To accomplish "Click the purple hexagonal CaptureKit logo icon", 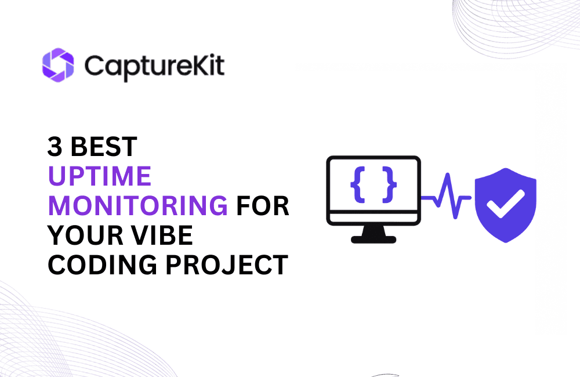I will pyautogui.click(x=58, y=64).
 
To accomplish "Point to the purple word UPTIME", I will pyautogui.click(x=99, y=176).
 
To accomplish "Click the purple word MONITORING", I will pyautogui.click(x=137, y=206).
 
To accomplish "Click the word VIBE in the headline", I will pyautogui.click(x=165, y=235).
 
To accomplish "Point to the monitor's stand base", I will pyautogui.click(x=374, y=238).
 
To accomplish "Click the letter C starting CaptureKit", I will pyautogui.click(x=93, y=65).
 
